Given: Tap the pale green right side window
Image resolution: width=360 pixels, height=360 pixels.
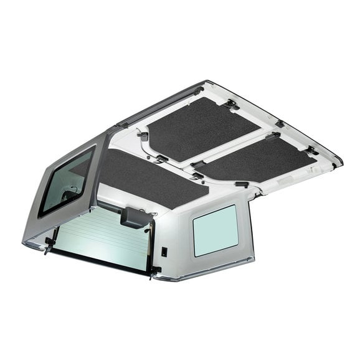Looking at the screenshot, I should click(x=215, y=230).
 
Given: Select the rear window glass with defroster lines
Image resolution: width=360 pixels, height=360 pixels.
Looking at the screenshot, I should click(x=103, y=235).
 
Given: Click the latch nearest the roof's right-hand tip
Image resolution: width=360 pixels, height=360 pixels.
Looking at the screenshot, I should click(x=312, y=151).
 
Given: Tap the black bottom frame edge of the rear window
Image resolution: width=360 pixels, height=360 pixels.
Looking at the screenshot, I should click(x=100, y=260).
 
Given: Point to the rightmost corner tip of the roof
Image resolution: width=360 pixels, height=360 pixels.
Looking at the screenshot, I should click(x=342, y=163).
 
